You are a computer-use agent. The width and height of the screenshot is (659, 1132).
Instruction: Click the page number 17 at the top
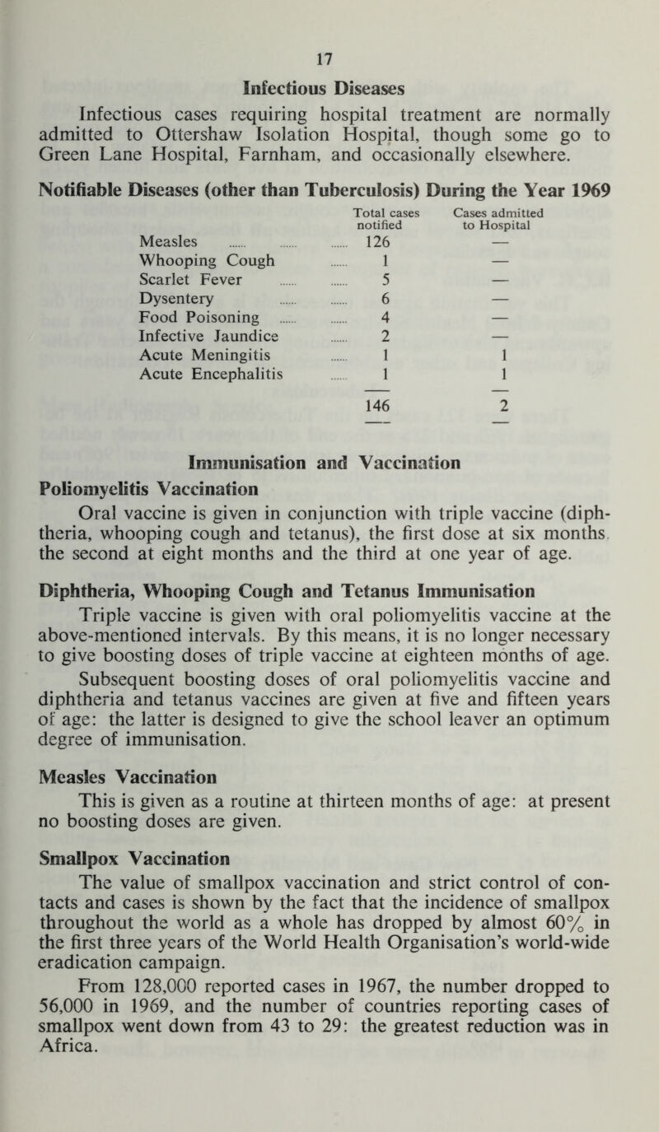(329, 59)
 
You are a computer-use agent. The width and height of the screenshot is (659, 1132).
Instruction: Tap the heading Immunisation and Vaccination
(329, 464)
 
